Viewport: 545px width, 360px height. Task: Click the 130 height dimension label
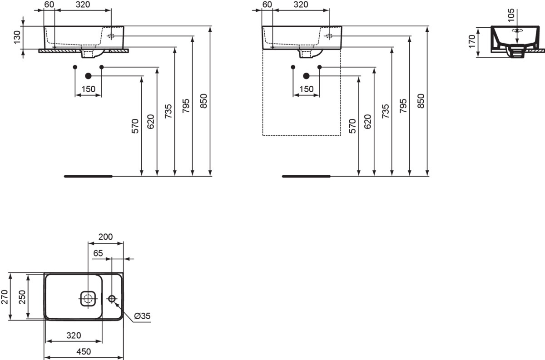click(x=17, y=37)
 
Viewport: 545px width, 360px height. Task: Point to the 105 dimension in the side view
click(x=511, y=15)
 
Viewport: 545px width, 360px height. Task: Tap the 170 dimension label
click(x=471, y=42)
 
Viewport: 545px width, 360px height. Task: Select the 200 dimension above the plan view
click(x=105, y=237)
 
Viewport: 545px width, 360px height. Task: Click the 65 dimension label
click(x=98, y=253)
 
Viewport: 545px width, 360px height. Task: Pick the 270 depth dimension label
click(x=5, y=297)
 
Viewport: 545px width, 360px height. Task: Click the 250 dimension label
click(x=22, y=297)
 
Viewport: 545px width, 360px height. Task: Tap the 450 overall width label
click(x=84, y=351)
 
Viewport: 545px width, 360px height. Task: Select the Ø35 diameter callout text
click(x=142, y=316)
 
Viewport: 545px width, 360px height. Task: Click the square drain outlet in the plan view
click(x=88, y=298)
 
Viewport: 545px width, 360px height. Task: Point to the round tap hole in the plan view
click(x=112, y=298)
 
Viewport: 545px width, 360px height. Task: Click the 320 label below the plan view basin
click(x=74, y=335)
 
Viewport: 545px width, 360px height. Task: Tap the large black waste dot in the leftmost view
click(x=88, y=76)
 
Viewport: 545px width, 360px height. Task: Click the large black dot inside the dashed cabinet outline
click(x=306, y=76)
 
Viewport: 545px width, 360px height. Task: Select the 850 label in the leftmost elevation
click(x=203, y=101)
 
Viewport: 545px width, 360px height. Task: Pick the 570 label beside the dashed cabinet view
click(x=352, y=126)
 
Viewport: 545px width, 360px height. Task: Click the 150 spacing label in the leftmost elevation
click(x=88, y=89)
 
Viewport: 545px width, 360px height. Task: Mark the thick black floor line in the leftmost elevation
click(x=88, y=176)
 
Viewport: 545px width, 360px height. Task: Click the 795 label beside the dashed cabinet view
click(x=403, y=106)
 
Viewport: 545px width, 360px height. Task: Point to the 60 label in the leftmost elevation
click(x=49, y=5)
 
